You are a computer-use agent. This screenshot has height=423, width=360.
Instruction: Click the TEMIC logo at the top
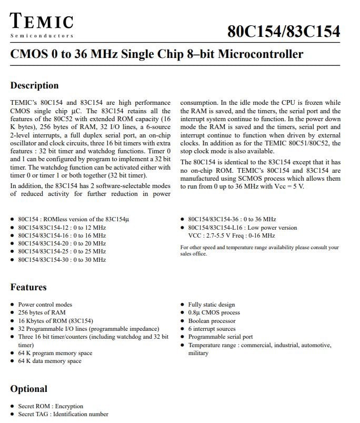[x=42, y=22]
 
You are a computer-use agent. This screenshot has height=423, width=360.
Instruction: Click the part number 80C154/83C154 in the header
[x=284, y=31]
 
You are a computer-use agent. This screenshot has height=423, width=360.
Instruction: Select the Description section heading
[x=35, y=85]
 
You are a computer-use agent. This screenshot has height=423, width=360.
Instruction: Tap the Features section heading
[x=28, y=287]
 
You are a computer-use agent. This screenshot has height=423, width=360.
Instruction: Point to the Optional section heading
[x=28, y=389]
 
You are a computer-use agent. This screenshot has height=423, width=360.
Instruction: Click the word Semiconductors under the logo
[x=42, y=36]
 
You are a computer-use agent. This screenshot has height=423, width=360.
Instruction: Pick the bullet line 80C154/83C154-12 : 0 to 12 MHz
[x=62, y=228]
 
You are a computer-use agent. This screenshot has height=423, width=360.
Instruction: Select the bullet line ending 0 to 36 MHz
[x=232, y=219]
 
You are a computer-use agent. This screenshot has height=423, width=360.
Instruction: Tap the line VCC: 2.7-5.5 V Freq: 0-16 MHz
[x=228, y=235]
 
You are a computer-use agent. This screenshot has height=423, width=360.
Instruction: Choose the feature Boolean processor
[x=212, y=321]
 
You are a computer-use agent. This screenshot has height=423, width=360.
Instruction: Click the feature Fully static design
[x=212, y=304]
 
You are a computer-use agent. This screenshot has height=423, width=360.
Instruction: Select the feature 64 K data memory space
[x=49, y=361]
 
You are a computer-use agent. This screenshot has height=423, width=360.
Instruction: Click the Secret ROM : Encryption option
[x=51, y=406]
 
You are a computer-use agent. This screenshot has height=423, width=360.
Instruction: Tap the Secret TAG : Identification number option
[x=63, y=414]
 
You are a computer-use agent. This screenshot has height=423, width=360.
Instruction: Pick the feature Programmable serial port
[x=220, y=337]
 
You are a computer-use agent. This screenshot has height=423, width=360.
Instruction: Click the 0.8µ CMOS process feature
[x=214, y=312]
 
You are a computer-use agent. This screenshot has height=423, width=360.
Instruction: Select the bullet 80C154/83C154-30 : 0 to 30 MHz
[x=62, y=260]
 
